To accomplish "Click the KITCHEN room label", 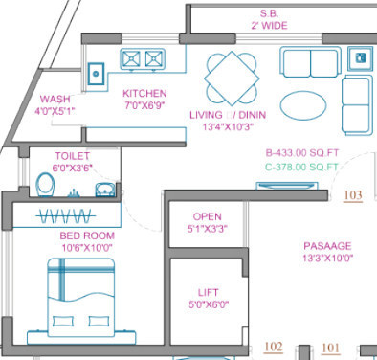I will (x=144, y=93).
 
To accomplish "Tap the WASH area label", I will (x=54, y=99).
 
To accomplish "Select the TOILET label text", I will (x=72, y=154).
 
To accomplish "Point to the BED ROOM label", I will (x=87, y=236).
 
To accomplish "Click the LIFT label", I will (x=207, y=293).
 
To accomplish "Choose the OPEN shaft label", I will (x=208, y=217).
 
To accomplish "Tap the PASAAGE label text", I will (x=326, y=244).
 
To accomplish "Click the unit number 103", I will (x=353, y=195).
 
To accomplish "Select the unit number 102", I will (x=274, y=347).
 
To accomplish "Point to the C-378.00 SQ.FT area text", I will (x=302, y=167).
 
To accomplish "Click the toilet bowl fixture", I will (x=44, y=182).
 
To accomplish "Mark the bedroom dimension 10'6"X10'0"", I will (x=87, y=248).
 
